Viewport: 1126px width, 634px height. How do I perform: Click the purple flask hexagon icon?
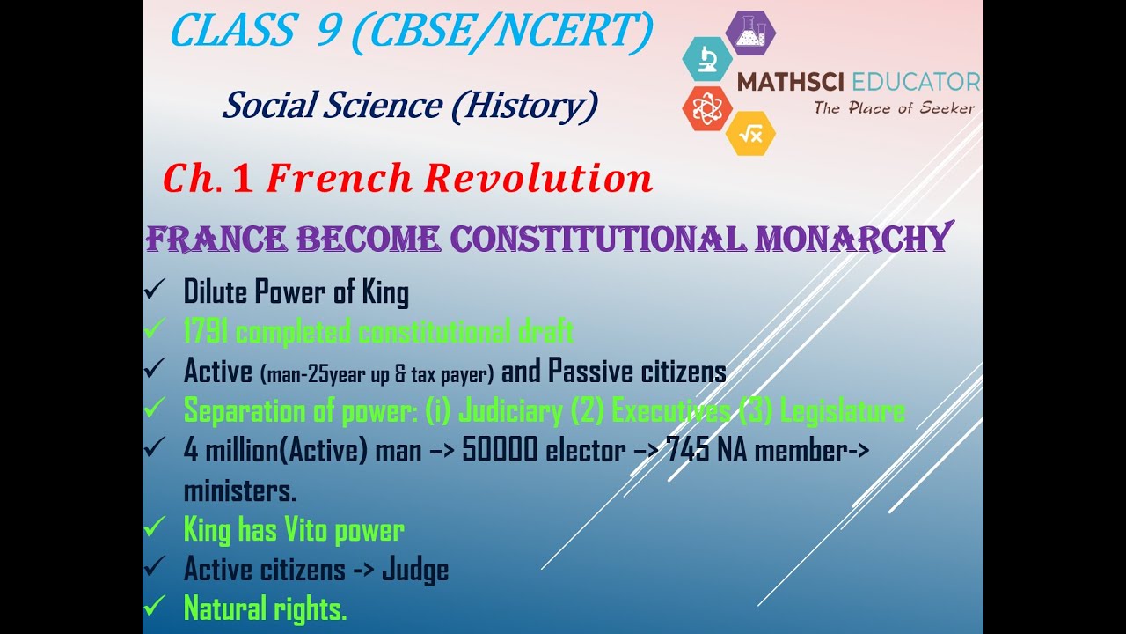click(750, 33)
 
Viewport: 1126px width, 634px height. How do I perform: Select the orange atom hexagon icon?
click(706, 108)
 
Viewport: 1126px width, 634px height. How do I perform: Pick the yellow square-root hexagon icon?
click(750, 134)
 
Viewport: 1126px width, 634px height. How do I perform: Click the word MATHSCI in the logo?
click(790, 83)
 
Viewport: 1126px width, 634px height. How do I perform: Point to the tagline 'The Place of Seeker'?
click(894, 108)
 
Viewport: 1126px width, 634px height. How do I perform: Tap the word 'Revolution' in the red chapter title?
click(538, 178)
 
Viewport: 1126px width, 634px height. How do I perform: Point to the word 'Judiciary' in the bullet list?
click(510, 410)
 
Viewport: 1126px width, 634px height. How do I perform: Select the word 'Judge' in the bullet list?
click(415, 570)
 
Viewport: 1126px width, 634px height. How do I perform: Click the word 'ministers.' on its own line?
click(240, 490)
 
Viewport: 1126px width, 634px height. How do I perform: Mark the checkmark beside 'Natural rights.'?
click(154, 606)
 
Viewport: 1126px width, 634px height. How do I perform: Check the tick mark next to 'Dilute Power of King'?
click(154, 289)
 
